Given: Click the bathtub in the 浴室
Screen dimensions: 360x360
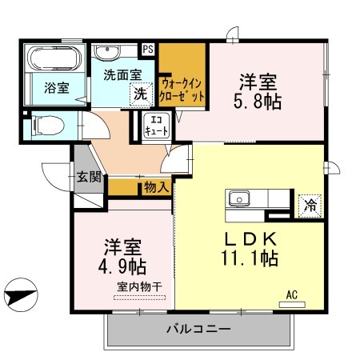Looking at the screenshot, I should click(50, 59).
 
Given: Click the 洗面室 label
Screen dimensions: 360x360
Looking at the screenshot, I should click(122, 74).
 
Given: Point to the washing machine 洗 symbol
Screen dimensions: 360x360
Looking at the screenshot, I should click(141, 93).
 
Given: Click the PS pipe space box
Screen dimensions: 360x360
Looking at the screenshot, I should click(148, 49).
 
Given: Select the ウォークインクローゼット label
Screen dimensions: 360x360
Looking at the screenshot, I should click(182, 88).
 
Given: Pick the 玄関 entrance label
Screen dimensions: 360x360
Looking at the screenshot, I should click(89, 177).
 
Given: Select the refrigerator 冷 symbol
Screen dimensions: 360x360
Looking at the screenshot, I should click(308, 204).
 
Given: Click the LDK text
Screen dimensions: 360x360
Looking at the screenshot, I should click(250, 239).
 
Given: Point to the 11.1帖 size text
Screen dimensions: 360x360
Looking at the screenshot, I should click(250, 260).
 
